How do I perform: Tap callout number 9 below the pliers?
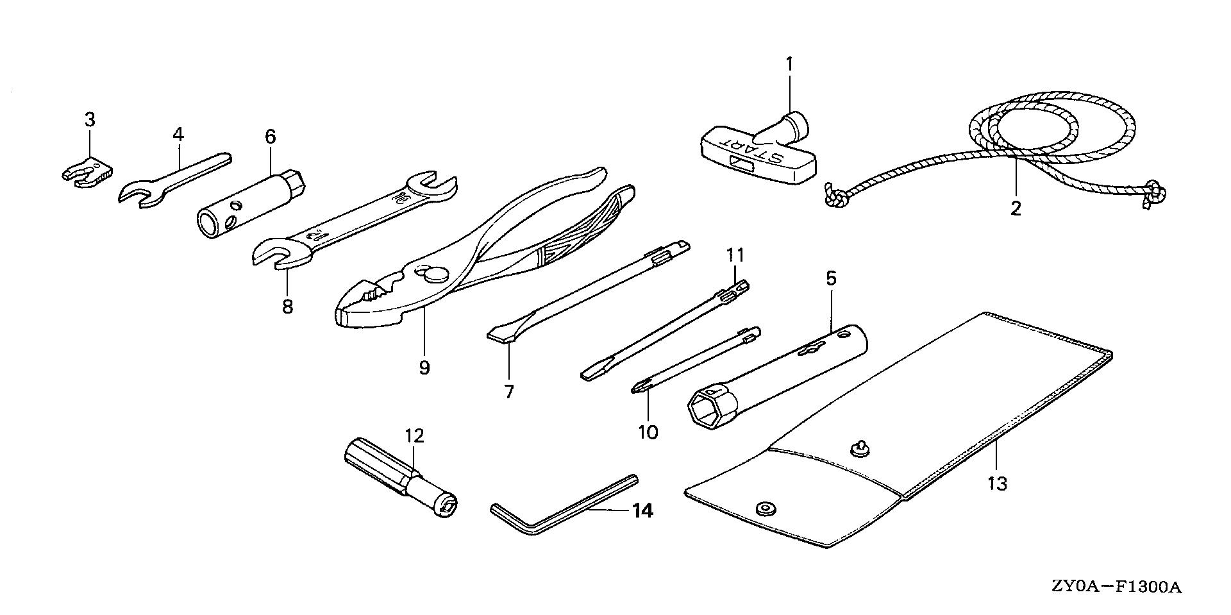424,367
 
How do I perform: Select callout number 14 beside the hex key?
642,511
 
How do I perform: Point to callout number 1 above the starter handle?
790,64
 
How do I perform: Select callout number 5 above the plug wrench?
831,278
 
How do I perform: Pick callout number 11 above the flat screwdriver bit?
735,255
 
